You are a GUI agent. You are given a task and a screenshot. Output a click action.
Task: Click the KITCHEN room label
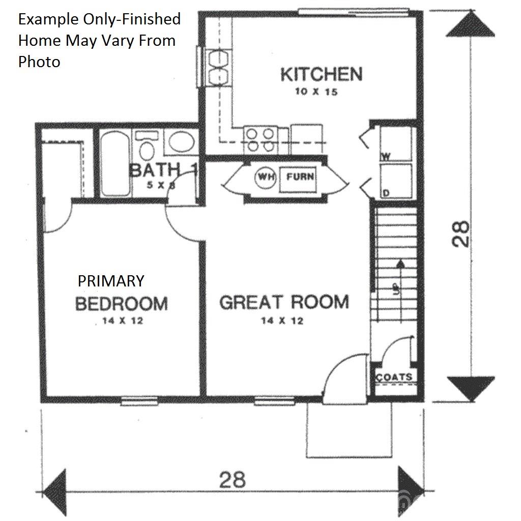coord(322,75)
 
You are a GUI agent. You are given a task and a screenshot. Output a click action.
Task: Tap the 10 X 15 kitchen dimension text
coord(315,93)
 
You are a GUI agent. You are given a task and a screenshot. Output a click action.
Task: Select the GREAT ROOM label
coord(284,302)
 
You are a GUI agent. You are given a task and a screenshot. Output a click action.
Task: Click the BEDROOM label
coord(121,304)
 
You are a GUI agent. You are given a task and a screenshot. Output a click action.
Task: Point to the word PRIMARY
coord(111,280)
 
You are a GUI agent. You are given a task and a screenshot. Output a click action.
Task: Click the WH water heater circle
coord(264,178)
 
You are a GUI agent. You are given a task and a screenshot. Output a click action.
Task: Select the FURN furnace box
coord(300,178)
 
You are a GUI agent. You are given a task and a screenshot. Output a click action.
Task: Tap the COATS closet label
coord(394,377)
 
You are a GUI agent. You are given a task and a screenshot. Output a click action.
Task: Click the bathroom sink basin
coord(182,142)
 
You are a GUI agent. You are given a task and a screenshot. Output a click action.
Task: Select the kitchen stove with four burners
coord(259,139)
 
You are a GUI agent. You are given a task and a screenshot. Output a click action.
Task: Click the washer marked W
coord(397,144)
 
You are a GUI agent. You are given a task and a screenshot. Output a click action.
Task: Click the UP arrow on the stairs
coord(400,275)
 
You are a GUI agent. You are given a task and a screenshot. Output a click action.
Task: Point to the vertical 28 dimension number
coord(461,234)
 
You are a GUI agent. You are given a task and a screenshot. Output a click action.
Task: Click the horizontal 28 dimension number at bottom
coord(232,479)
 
